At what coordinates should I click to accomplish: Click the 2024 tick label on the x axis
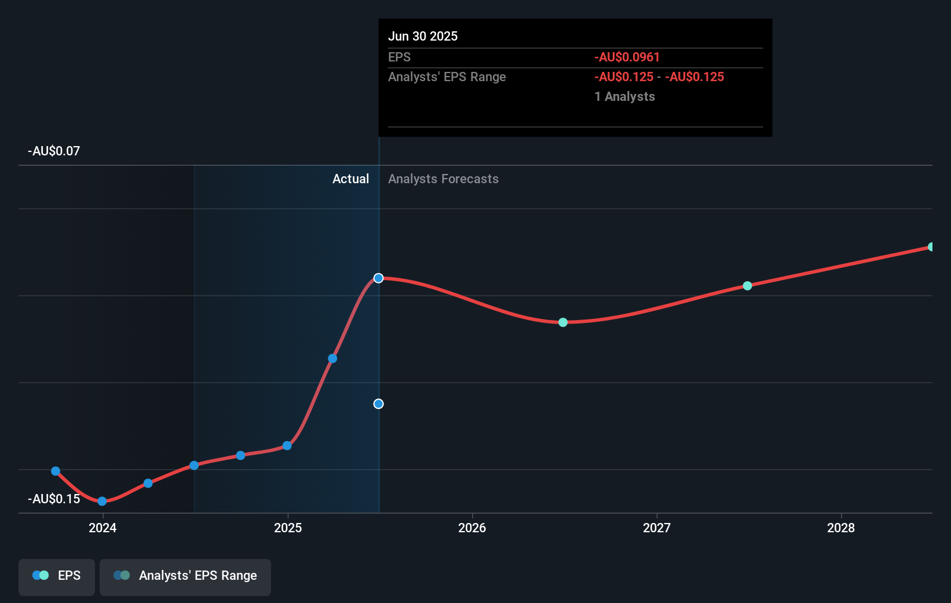coord(103,528)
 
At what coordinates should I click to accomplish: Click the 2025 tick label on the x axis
coord(288,528)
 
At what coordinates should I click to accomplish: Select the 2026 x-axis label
coord(472,528)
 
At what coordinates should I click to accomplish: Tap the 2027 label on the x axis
coord(657,528)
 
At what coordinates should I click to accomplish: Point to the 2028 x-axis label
coord(841,528)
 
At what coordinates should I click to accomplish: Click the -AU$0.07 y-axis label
coord(54,151)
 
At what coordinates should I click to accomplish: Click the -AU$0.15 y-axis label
coord(54,499)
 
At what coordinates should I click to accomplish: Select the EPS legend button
coord(57,576)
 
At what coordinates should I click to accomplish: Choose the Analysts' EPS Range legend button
coord(185,576)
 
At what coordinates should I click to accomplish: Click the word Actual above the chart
coord(350,179)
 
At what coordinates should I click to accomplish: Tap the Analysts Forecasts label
coord(443,179)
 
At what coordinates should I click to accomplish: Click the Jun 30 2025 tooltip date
coord(423,37)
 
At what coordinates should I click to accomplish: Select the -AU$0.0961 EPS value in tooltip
coord(627,57)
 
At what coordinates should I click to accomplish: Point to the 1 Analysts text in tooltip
coord(624,97)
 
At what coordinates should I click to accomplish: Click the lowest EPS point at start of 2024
coord(102,502)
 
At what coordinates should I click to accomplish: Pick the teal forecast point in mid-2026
coord(563,322)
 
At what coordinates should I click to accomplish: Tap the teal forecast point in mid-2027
coord(747,286)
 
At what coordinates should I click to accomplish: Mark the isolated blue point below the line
coord(378,404)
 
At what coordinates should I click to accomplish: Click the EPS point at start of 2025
coord(287,446)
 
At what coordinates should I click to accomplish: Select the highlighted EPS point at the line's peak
coord(378,278)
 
